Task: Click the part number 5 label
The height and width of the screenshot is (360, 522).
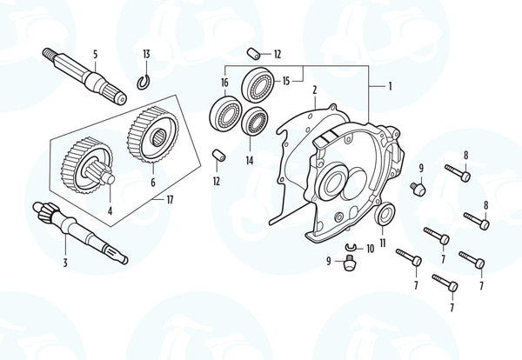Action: click(96, 54)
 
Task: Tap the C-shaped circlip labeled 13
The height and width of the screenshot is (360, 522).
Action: click(144, 83)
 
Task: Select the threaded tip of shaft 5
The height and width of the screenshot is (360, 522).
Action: click(49, 54)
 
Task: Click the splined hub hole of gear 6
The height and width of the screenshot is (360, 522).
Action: click(158, 137)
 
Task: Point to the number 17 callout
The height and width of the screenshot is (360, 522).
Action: click(170, 200)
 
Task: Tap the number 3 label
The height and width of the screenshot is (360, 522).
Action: click(65, 263)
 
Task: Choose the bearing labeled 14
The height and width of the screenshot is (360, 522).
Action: click(255, 122)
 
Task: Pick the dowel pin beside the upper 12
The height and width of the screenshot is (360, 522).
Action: click(255, 54)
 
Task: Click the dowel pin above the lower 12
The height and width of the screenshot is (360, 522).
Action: click(218, 156)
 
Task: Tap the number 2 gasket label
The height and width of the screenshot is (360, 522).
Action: click(315, 90)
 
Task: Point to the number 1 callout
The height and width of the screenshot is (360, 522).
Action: click(390, 86)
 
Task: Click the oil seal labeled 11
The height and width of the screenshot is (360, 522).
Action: click(385, 213)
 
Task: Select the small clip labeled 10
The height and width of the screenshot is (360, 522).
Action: click(351, 247)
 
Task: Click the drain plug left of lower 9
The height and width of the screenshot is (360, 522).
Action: click(349, 261)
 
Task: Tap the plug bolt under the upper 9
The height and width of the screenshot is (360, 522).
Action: click(418, 189)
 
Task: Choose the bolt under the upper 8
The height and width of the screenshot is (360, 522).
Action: click(458, 172)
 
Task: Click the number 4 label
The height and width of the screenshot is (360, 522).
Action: click(110, 211)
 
